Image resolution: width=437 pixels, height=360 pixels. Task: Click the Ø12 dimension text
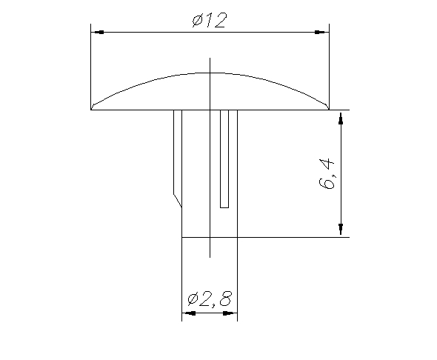point(210,20)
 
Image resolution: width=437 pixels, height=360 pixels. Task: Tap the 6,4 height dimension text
point(326,173)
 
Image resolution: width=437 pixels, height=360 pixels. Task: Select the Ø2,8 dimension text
point(210,299)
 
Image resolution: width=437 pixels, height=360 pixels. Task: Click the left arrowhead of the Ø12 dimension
point(98,32)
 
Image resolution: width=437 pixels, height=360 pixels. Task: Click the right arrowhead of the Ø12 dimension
point(322,32)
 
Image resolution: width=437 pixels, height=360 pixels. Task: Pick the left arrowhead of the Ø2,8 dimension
point(189,313)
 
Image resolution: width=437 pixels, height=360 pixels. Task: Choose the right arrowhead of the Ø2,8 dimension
point(230,313)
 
